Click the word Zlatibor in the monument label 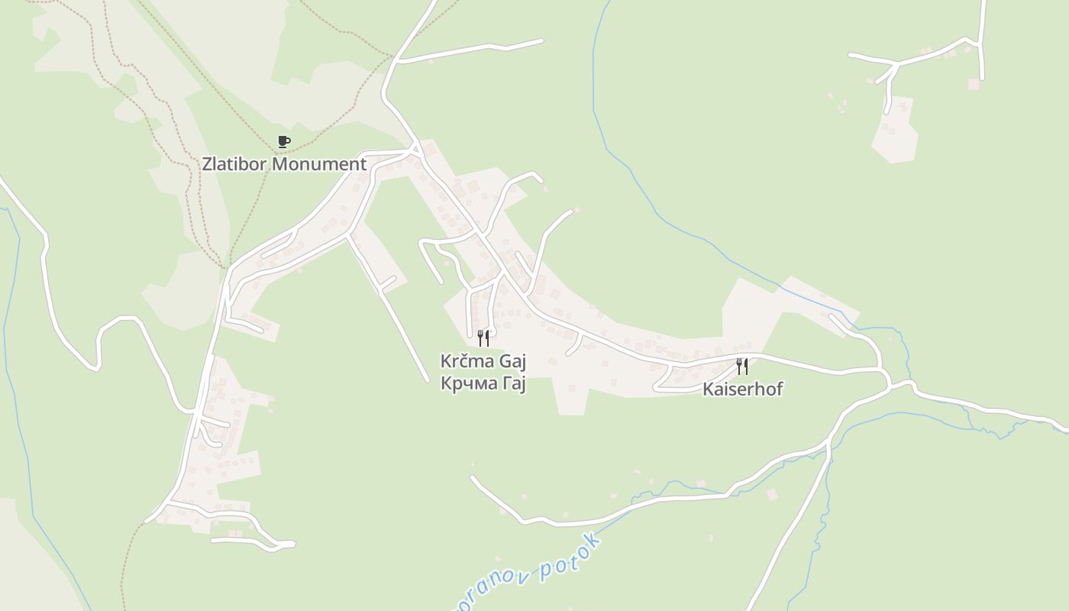[x=234, y=164]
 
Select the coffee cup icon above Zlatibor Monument [x=283, y=141]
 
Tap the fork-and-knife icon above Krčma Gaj [x=483, y=338]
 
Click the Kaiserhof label [x=742, y=389]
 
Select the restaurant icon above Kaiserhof [x=741, y=366]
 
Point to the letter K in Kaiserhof [x=708, y=389]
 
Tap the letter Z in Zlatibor [x=208, y=164]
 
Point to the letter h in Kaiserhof [x=757, y=389]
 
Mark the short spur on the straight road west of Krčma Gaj [x=387, y=284]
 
